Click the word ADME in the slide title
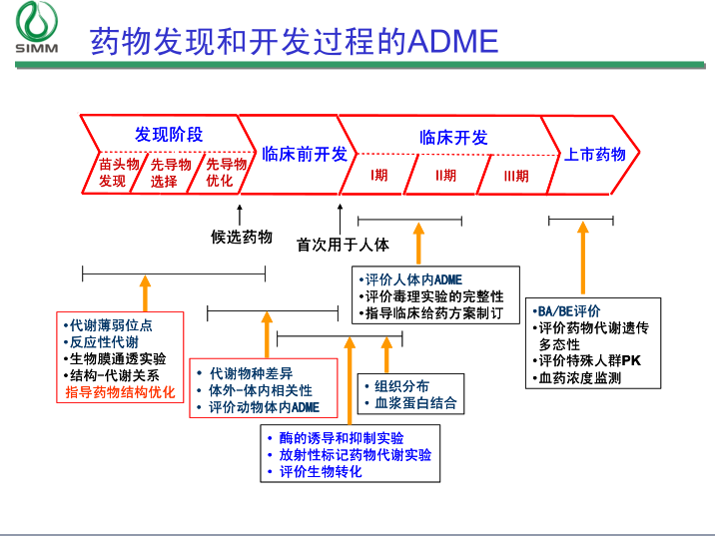click(x=450, y=41)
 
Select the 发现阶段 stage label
click(x=169, y=135)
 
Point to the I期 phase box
click(x=379, y=176)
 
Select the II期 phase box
click(x=445, y=176)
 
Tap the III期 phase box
click(x=515, y=176)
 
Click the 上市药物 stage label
click(x=595, y=154)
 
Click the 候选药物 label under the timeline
click(x=241, y=237)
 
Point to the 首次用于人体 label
click(x=343, y=244)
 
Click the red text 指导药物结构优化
click(x=120, y=392)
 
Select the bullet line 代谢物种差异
click(x=251, y=373)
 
